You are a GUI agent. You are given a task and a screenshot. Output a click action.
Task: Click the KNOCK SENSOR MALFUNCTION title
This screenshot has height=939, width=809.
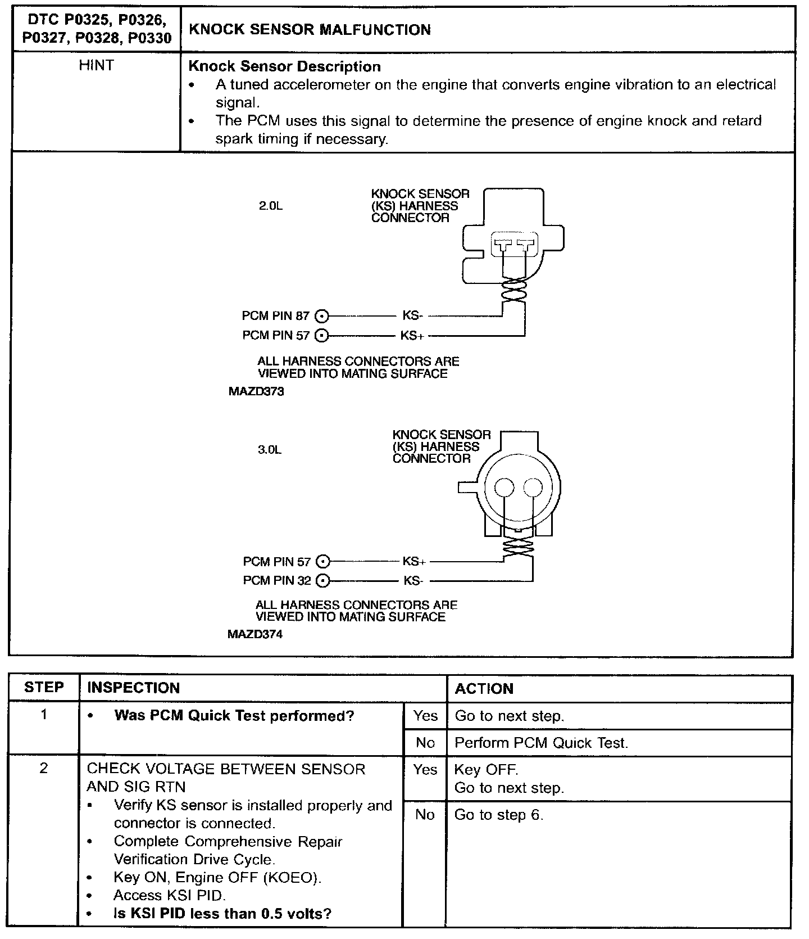[310, 30]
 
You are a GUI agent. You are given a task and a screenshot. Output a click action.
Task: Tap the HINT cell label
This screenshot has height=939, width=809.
[96, 66]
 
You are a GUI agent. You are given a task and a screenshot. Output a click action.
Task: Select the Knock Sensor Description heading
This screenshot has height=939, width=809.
[284, 66]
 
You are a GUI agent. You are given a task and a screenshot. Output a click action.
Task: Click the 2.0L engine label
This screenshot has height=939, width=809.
[270, 206]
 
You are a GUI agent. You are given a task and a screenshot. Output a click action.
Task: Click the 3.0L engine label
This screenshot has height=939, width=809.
[270, 450]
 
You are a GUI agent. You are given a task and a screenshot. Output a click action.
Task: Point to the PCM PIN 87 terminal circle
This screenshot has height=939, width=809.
[322, 316]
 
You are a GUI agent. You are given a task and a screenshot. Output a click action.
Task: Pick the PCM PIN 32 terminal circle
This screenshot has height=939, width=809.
[322, 580]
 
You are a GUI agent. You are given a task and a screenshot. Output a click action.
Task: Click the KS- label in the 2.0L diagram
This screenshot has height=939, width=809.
[412, 316]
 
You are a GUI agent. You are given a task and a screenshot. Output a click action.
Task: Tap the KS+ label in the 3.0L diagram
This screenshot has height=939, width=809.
[414, 561]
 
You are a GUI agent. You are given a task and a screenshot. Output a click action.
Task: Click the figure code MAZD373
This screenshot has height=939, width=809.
[256, 392]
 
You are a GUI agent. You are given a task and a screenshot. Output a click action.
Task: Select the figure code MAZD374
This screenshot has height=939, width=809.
[255, 634]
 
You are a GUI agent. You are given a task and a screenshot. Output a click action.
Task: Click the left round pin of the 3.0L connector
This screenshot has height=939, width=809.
[505, 487]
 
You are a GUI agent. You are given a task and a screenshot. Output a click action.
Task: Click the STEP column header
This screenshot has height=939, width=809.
[44, 688]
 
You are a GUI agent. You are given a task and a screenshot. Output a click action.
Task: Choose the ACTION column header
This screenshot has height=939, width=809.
[484, 689]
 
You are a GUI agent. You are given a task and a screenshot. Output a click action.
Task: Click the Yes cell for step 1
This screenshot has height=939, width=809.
[425, 716]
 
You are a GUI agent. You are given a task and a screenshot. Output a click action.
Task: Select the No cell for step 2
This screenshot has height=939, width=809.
[425, 814]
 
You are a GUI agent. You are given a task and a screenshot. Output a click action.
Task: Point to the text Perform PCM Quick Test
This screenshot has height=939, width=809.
[540, 743]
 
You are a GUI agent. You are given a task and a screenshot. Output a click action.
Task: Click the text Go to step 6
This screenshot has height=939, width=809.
[499, 815]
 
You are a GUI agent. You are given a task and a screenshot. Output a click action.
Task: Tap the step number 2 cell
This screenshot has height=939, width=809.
[44, 769]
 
